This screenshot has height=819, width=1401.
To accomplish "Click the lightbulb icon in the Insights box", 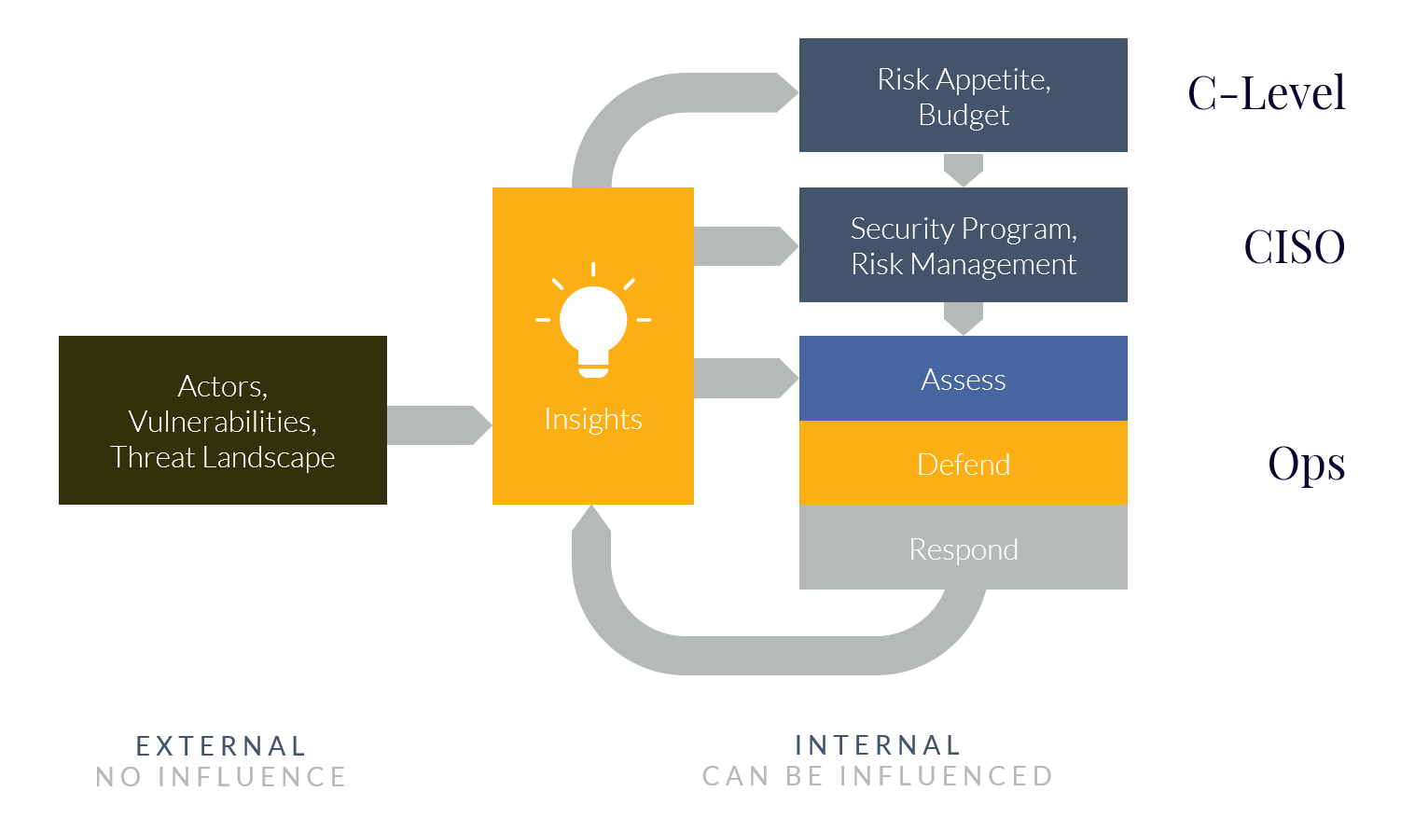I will (593, 322).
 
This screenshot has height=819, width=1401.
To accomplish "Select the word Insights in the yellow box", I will (593, 420).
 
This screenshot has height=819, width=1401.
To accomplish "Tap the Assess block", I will (963, 380).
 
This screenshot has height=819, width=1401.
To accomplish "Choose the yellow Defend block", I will (963, 464).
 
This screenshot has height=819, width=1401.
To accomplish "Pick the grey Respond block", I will (963, 548).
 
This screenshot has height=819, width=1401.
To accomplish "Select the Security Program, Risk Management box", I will (963, 245).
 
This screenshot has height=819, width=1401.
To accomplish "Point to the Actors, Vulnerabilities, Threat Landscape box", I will (222, 421).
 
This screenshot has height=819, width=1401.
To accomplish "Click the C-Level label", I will (1266, 93).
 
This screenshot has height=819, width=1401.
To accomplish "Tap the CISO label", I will (1294, 247).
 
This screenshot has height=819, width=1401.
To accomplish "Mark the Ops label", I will (1306, 464).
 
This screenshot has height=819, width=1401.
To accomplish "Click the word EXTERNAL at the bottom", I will (221, 746).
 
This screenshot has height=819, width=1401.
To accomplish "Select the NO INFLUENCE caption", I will (221, 777).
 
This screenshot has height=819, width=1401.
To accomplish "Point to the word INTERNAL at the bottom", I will (878, 745).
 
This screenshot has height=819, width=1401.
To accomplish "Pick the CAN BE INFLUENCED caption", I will (878, 776).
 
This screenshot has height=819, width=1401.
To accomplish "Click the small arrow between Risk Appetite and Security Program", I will (963, 170).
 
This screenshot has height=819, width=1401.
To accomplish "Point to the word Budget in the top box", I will (963, 115).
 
